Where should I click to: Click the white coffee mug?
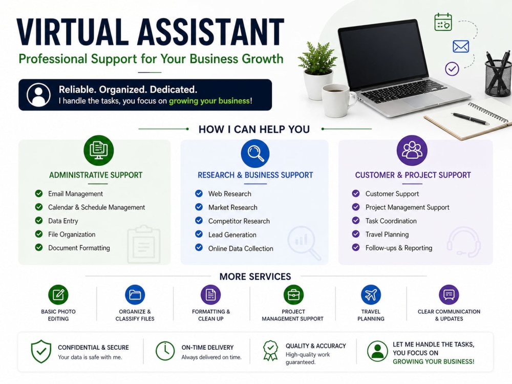pos(338,100)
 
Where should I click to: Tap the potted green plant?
pos(317,71)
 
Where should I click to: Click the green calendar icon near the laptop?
pos(443,22)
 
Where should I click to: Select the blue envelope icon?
pos(461,47)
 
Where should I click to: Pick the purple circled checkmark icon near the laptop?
pos(452,69)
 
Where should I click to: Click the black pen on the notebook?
pos(470,119)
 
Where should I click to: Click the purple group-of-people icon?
pos(412,150)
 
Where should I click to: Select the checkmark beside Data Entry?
pos(39,220)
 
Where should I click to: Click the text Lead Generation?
pos(232,235)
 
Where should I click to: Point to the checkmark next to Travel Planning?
pos(356,234)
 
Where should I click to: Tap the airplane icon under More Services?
pos(371,294)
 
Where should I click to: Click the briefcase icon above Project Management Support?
pos(293,294)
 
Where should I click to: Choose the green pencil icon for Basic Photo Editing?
pos(58,294)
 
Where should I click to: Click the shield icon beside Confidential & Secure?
pos(41,351)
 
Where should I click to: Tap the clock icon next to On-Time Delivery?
pos(165,351)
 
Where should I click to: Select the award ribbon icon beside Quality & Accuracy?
pos(271,351)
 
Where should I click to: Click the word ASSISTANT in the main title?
pos(210,32)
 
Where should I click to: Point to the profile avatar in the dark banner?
pos(38,95)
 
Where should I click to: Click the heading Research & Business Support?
pos(255,175)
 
